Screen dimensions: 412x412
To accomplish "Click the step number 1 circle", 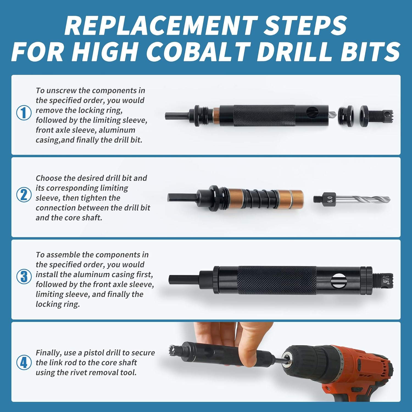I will pos(24,113).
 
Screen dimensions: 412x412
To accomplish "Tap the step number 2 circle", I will pos(24,195).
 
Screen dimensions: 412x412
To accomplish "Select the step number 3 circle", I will pos(24,277).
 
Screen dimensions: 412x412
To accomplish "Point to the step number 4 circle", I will pos(24,362).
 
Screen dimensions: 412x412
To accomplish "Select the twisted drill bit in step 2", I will pos(365,199).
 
